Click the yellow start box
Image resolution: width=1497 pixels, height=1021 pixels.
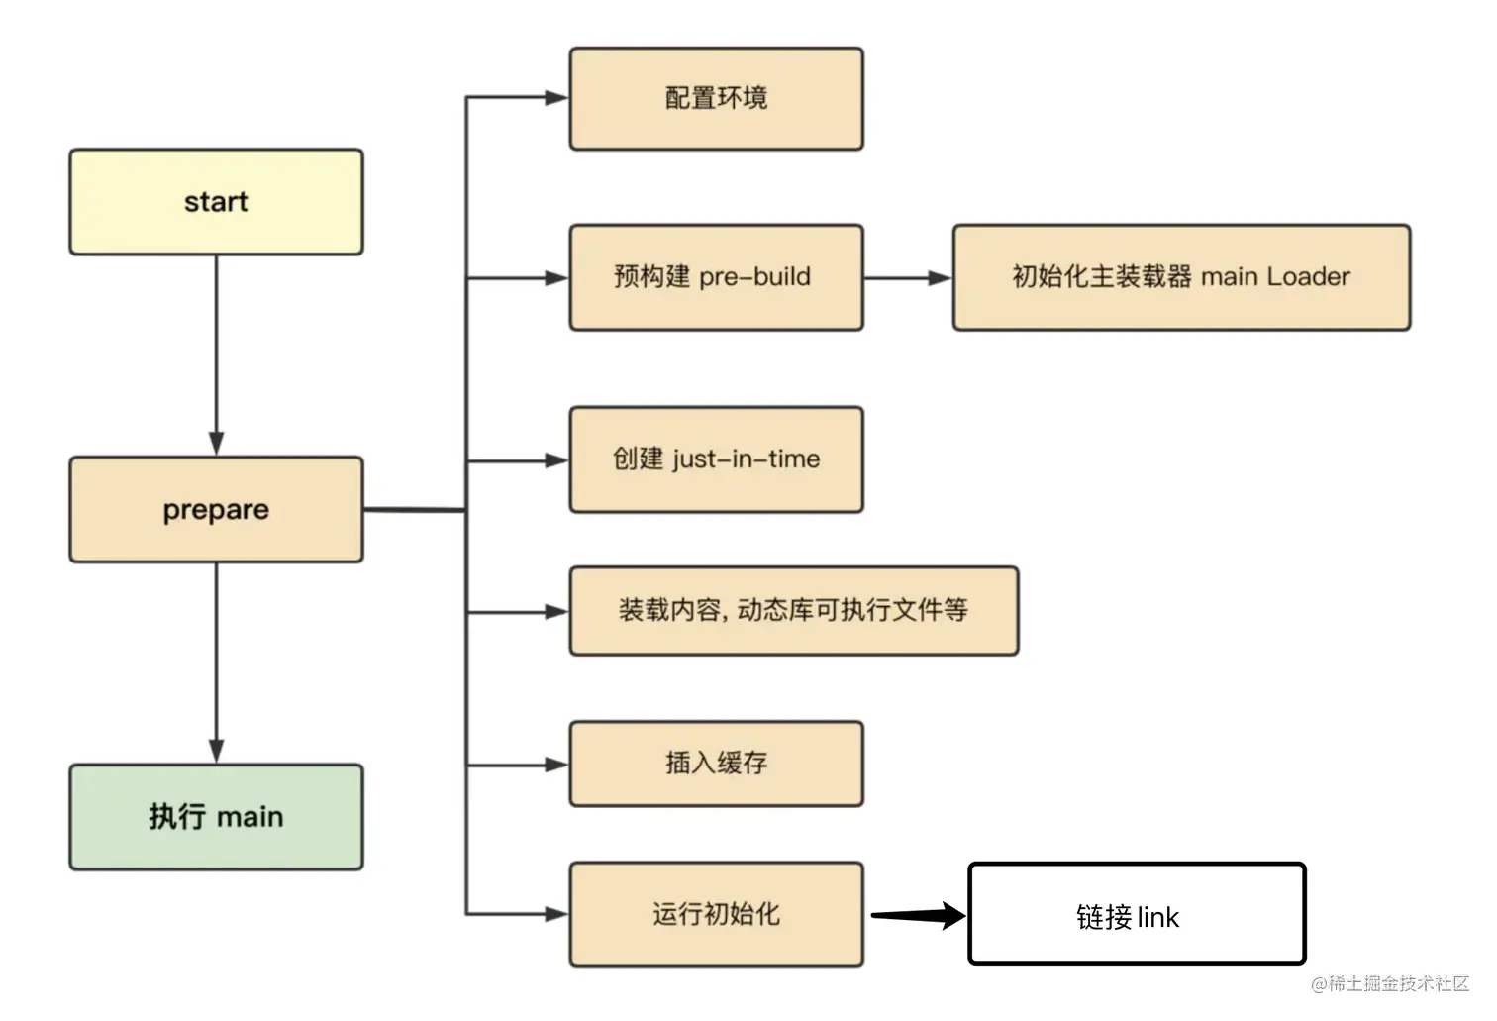pos(216,202)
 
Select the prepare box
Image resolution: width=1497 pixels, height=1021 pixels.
pos(216,510)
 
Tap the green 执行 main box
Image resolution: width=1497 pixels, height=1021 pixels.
pos(216,817)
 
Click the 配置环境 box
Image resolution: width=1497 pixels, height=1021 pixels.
pos(716,98)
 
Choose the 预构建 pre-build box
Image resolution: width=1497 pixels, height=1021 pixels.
pos(716,277)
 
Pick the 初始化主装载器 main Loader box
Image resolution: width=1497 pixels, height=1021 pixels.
pos(1180,277)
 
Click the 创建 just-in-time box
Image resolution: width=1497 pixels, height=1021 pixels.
pos(716,459)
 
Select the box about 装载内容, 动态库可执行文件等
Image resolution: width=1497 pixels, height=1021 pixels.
pos(793,611)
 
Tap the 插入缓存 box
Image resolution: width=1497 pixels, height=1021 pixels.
pos(716,764)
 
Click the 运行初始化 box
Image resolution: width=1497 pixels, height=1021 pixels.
pos(716,914)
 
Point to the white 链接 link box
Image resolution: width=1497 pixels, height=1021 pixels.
pos(1137,914)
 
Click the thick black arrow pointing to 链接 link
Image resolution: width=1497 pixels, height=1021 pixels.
pos(916,916)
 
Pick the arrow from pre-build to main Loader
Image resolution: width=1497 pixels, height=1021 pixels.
pos(905,279)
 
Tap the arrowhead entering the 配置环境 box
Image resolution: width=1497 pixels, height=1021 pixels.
pos(555,98)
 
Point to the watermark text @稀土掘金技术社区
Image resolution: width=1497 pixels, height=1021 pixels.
pos(1390,983)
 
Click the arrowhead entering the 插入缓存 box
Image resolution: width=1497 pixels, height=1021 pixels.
pos(555,765)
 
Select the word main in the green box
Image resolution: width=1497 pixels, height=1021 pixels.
pos(250,818)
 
